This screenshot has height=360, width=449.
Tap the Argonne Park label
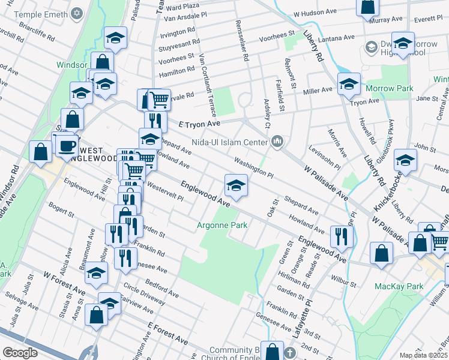point(222,226)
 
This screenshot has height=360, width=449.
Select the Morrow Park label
point(390,88)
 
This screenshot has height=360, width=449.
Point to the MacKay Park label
point(399,286)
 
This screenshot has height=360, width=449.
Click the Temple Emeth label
point(41,13)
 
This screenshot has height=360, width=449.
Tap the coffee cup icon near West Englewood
point(67,145)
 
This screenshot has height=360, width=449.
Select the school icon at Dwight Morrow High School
point(403,44)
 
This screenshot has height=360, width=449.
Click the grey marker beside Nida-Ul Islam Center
point(277,142)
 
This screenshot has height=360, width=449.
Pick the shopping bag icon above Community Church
point(273,352)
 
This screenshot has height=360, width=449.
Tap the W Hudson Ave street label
point(315,12)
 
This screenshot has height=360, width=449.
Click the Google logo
point(20,353)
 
